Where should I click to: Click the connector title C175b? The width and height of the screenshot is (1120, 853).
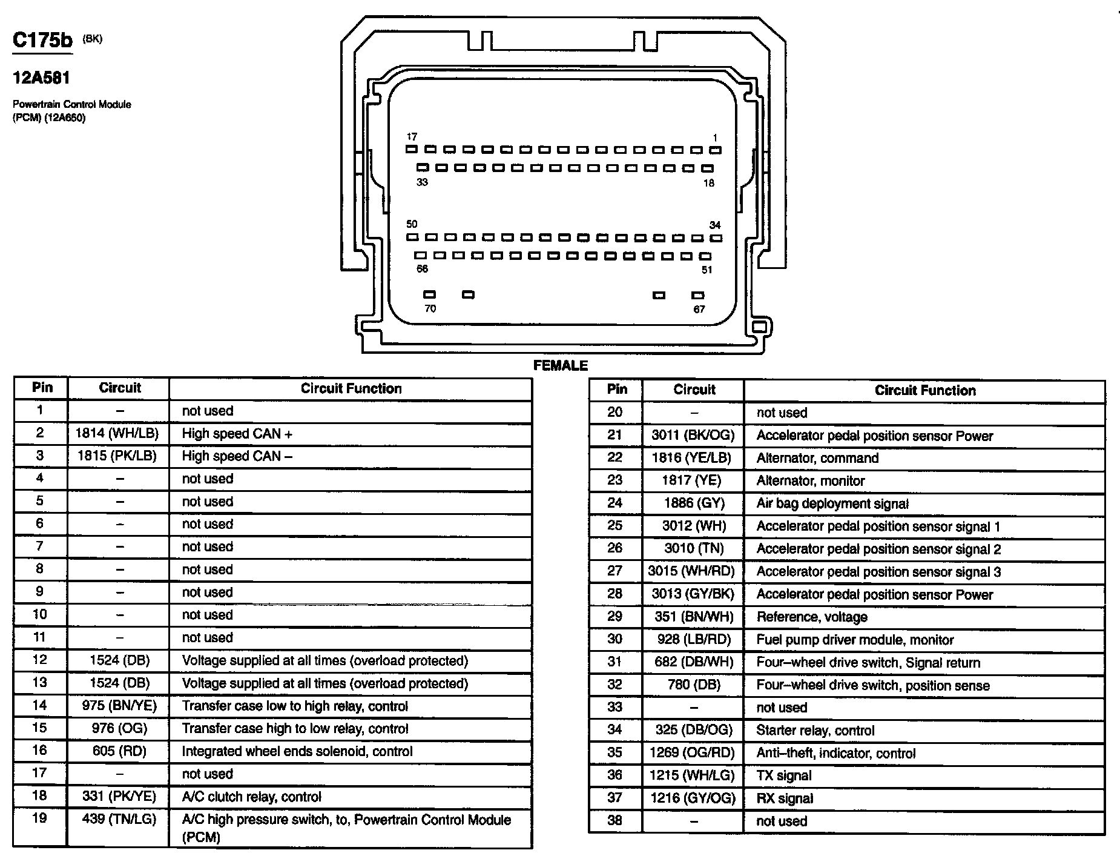tap(42, 41)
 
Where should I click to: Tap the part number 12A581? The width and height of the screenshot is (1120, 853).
tap(42, 78)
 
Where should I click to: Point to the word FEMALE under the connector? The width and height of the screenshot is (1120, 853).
tap(560, 365)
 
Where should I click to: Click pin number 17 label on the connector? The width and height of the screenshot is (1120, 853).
tap(412, 137)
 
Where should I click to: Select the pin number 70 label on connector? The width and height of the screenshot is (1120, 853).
tap(430, 308)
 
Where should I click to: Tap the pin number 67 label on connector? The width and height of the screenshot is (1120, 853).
tap(699, 309)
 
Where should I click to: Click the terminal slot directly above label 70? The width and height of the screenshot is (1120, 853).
tap(429, 294)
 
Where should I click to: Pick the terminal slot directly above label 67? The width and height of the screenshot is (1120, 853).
tap(698, 295)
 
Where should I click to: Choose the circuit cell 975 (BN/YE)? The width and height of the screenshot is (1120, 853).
tap(119, 706)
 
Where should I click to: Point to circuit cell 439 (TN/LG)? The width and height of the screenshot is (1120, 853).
tap(119, 819)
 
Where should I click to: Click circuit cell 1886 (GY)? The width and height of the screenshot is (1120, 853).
tap(694, 503)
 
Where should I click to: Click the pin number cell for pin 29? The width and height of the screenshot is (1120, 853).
tap(614, 617)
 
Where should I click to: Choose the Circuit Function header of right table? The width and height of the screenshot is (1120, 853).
tap(924, 391)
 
